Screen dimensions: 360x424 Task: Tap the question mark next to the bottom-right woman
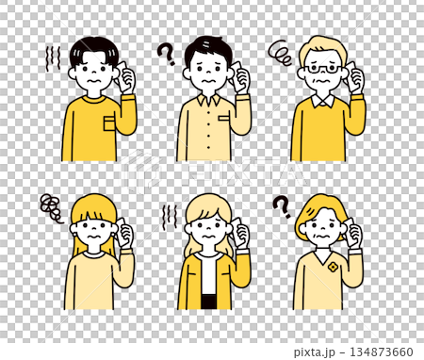(x=281, y=205)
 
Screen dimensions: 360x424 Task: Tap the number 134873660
(x=385, y=351)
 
